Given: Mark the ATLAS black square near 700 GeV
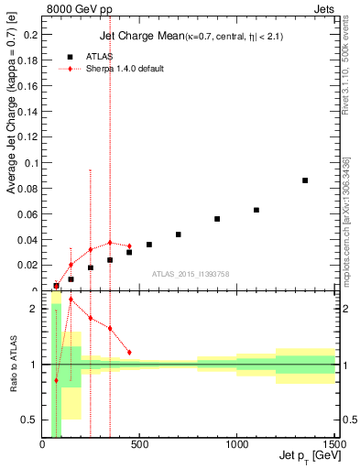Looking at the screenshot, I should (179, 234).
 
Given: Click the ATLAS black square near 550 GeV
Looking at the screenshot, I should (149, 245).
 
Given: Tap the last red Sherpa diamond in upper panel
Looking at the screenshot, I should (129, 245).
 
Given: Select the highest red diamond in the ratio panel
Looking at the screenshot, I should (71, 324).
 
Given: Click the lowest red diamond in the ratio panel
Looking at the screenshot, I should (57, 380).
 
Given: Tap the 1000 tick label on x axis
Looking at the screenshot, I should (237, 446).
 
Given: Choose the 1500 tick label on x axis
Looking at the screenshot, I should (333, 446).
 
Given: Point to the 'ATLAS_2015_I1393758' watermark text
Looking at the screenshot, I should (191, 273).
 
